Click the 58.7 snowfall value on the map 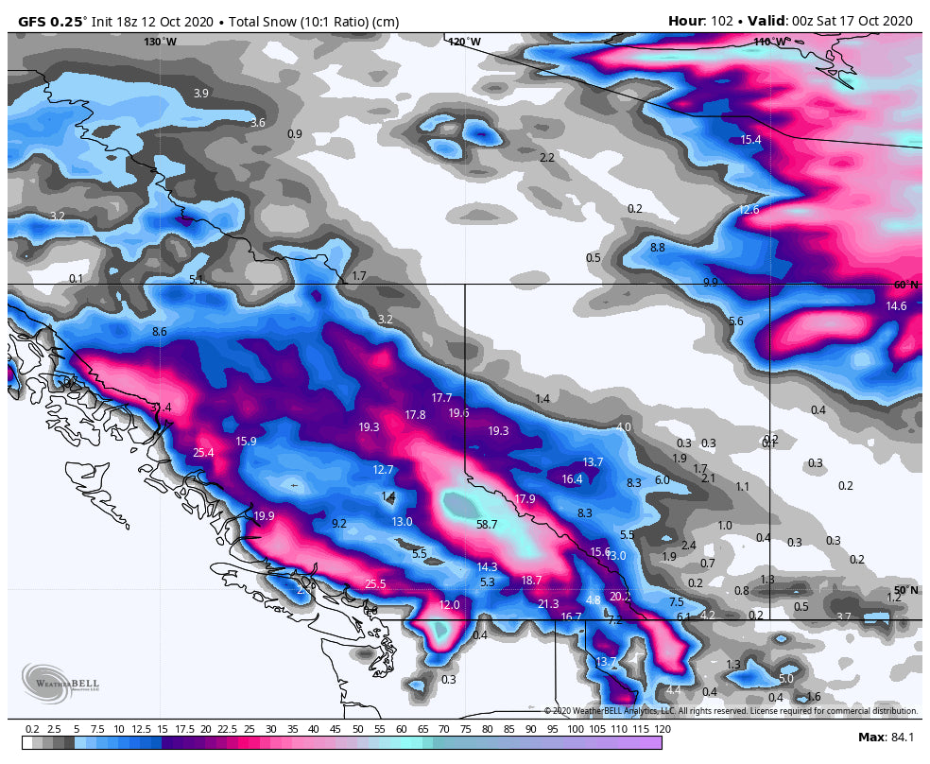[x=487, y=524]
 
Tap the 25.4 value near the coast [x=203, y=453]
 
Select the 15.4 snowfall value [x=750, y=140]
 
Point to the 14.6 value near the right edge [x=896, y=306]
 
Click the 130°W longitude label [x=160, y=42]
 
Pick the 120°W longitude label [x=464, y=42]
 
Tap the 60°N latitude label [x=905, y=285]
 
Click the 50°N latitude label [x=905, y=590]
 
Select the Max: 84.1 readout [x=885, y=737]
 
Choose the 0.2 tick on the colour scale [x=31, y=729]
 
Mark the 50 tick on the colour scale [x=358, y=729]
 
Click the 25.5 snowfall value [x=375, y=584]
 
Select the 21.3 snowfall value [x=548, y=604]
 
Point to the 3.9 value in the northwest [x=200, y=94]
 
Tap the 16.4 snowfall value [x=572, y=479]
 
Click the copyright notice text [x=730, y=710]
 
